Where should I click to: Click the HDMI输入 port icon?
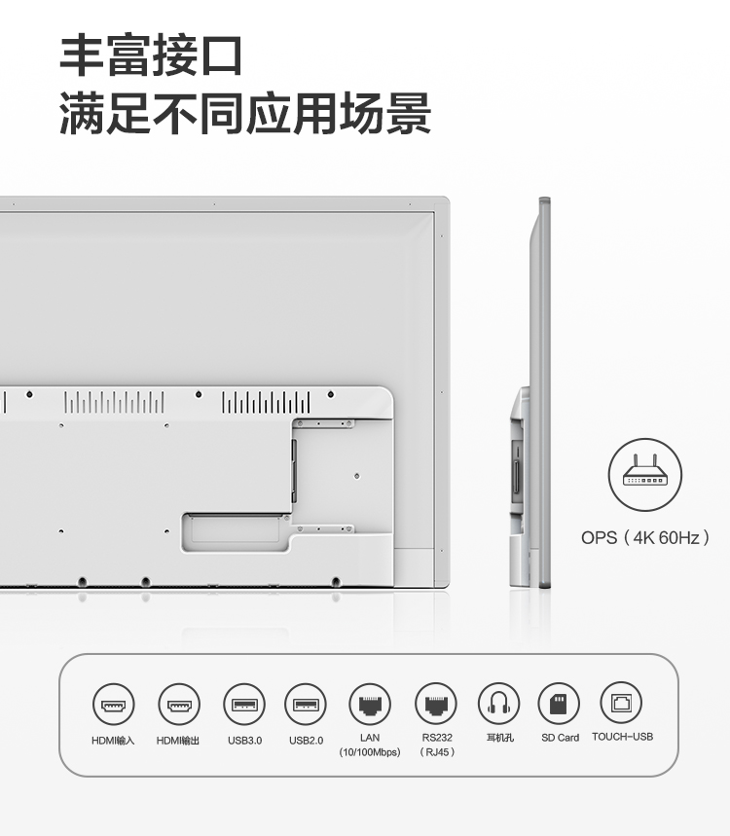click(x=113, y=705)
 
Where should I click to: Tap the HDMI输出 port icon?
click(x=179, y=705)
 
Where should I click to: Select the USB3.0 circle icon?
click(x=244, y=705)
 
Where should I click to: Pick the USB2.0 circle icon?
click(x=306, y=705)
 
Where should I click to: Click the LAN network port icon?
click(x=370, y=704)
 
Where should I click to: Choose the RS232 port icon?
click(x=436, y=704)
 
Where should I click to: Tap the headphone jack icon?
click(x=498, y=704)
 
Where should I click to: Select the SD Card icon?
click(x=559, y=704)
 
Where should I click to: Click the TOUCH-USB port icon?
click(x=621, y=703)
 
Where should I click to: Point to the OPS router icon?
click(x=644, y=475)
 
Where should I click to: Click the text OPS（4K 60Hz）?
click(x=645, y=537)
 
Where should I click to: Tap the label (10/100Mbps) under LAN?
click(x=370, y=752)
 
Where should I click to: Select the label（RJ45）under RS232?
click(x=437, y=752)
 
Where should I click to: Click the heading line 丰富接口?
click(x=152, y=55)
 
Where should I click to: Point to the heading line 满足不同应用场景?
click(x=245, y=113)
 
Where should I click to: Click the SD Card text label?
click(x=560, y=738)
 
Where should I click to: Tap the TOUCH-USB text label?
click(x=622, y=737)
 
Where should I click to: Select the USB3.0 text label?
click(x=244, y=740)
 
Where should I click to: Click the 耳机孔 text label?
click(x=500, y=738)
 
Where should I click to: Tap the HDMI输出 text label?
click(x=177, y=741)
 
